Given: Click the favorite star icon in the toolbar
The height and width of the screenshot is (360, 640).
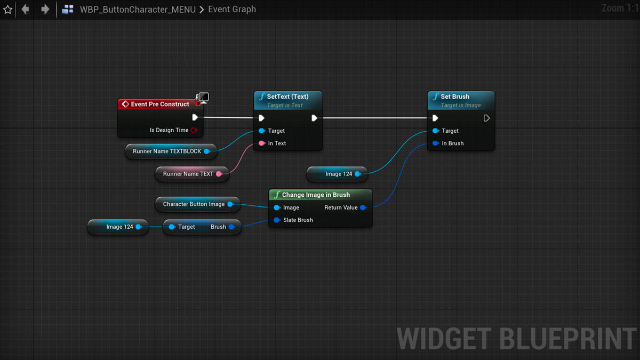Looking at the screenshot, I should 7,10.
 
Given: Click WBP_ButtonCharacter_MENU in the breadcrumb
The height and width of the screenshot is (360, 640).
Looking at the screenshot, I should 138,10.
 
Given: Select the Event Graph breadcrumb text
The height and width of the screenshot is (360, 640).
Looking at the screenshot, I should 232,10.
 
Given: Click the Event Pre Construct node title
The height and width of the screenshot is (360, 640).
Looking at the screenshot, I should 159,104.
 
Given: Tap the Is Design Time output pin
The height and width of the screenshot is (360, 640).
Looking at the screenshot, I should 194,130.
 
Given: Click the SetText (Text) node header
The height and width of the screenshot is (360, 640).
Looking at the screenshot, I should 287,97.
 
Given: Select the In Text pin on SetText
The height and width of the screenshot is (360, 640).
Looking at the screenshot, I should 261,143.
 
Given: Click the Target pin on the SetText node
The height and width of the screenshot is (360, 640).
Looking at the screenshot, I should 261,131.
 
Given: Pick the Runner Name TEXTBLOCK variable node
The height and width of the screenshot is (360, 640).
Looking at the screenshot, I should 167,151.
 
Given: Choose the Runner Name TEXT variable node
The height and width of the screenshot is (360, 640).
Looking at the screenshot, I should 188,174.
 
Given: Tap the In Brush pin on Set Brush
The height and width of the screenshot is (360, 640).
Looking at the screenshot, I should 436,143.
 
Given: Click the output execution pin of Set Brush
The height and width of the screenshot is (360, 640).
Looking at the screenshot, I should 486,118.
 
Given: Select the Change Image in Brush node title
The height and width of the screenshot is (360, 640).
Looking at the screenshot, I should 316,195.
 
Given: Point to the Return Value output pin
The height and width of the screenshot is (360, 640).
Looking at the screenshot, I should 363,207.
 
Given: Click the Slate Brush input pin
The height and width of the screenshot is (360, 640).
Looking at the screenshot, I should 277,220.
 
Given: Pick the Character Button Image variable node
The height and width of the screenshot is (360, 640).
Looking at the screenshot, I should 194,204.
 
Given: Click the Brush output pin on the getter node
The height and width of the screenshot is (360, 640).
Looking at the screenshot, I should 231,227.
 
